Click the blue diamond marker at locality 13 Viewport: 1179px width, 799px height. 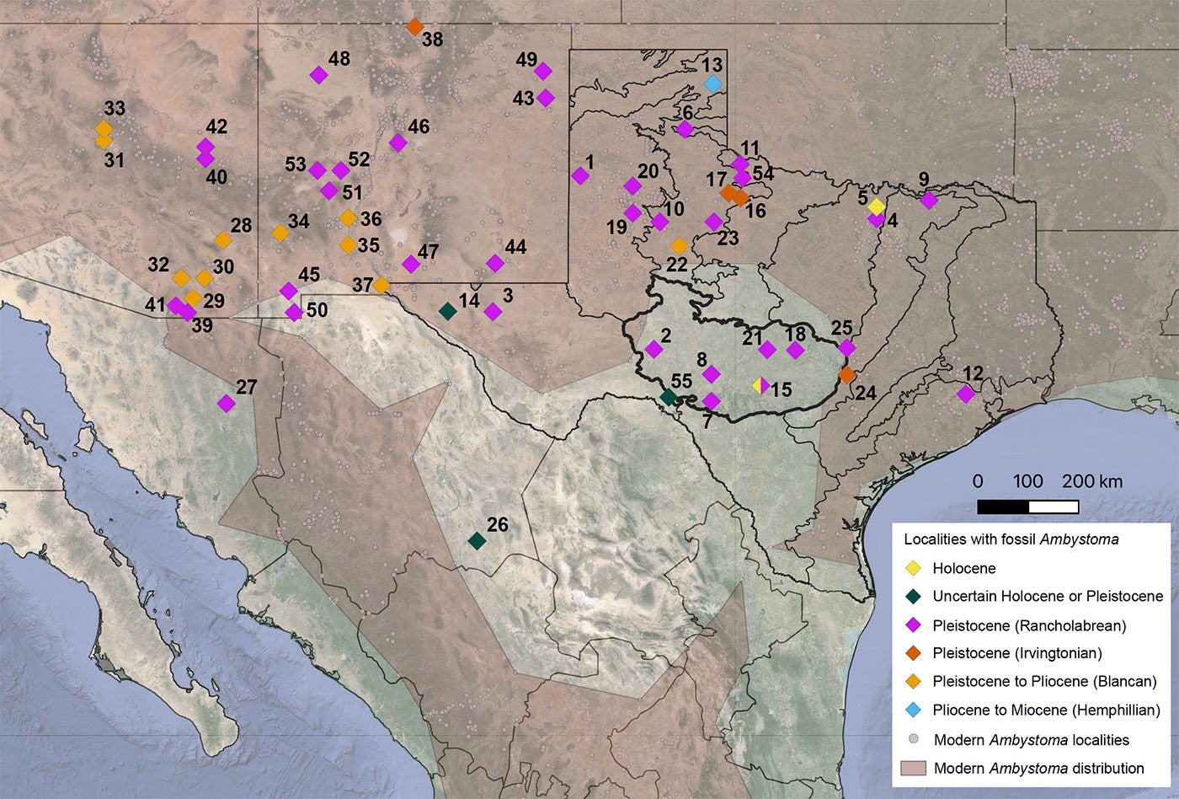click(712, 83)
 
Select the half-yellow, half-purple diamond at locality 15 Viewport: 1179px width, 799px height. click(761, 386)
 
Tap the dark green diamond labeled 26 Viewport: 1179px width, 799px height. click(477, 540)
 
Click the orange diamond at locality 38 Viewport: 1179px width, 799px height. click(414, 26)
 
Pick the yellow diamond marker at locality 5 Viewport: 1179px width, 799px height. click(877, 206)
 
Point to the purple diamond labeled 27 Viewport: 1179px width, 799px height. click(226, 403)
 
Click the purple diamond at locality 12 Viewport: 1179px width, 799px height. click(966, 394)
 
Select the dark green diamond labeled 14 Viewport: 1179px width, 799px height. click(448, 310)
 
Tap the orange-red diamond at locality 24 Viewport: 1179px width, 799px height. click(846, 374)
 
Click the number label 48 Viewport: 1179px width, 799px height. click(339, 59)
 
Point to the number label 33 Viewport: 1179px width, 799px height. click(115, 109)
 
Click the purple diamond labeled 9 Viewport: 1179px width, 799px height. click(929, 200)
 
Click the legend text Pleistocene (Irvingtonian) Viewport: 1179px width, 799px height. click(1017, 652)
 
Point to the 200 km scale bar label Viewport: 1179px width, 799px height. click(1091, 481)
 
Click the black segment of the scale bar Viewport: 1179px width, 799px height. click(1003, 507)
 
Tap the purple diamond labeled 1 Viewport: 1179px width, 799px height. click(580, 175)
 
